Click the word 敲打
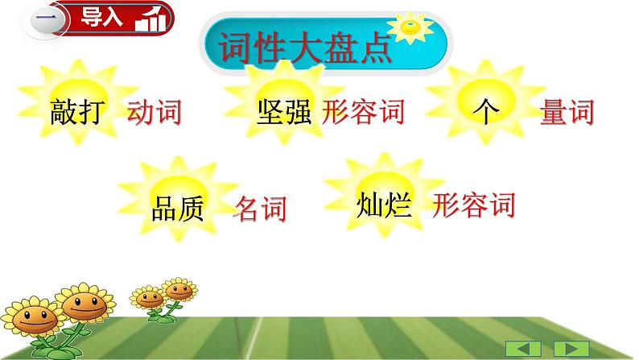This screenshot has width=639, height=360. (77, 113)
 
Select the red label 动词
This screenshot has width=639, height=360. (154, 113)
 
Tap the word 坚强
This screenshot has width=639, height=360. (284, 113)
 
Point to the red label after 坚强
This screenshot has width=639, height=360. (362, 113)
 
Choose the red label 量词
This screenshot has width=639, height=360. (567, 113)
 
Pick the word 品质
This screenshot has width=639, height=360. (179, 209)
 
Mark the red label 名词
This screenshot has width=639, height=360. (260, 209)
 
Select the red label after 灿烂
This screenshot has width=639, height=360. (473, 205)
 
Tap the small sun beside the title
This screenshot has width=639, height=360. (413, 30)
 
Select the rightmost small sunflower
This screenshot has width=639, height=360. (178, 292)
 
